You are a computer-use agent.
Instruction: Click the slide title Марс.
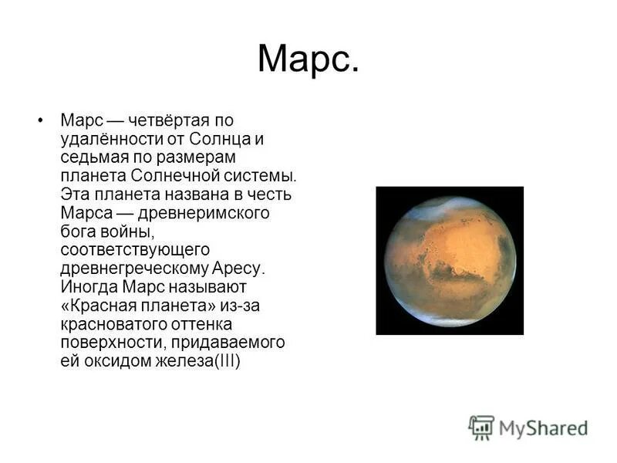[x=308, y=59]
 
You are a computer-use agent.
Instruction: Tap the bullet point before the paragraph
[x=39, y=120]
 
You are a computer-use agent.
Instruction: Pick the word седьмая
[x=92, y=157]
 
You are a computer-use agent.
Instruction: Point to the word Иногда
[x=88, y=287]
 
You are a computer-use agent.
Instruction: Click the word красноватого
[x=111, y=324]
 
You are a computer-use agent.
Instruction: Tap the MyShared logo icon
[x=481, y=427]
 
